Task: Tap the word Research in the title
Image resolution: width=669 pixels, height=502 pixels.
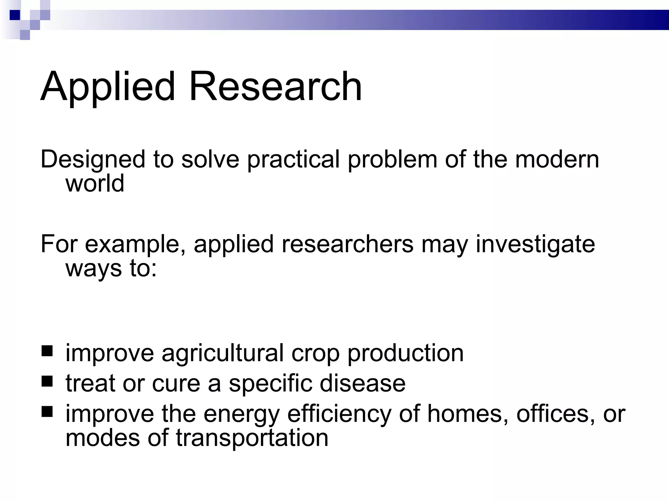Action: pos(275,87)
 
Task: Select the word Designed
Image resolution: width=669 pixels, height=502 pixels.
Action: pos(93,160)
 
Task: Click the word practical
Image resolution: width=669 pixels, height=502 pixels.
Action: pos(293,160)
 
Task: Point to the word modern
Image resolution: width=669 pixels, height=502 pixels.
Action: pos(557,159)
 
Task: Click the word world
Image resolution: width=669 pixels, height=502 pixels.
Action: pos(95,183)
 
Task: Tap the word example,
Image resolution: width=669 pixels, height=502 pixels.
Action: pos(135,245)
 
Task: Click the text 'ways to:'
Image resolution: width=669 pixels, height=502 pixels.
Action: pos(111,269)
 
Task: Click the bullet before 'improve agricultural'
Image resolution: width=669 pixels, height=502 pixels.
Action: pos(47,351)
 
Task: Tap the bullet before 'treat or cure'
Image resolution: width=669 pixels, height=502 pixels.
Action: pos(47,381)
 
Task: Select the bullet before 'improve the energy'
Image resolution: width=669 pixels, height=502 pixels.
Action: pos(47,412)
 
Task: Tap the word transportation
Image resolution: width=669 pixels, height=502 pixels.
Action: pos(252,438)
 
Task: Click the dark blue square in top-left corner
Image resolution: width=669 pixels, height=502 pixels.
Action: pos(15,15)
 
